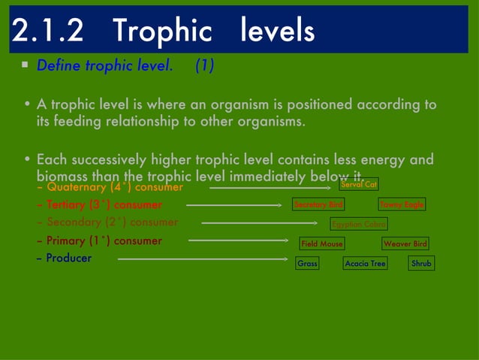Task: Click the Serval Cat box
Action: (x=358, y=185)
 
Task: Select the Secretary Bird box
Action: (x=318, y=204)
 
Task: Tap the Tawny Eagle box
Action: (x=402, y=204)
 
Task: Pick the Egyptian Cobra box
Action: (x=359, y=224)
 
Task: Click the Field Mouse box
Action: (x=321, y=244)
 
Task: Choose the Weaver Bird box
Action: (x=405, y=244)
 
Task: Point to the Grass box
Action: (x=307, y=264)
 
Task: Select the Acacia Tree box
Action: (x=365, y=264)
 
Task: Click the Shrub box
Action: (x=421, y=264)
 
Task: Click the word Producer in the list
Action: (x=68, y=259)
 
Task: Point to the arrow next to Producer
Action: (x=206, y=259)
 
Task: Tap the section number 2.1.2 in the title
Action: (x=52, y=31)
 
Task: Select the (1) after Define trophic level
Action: (x=204, y=66)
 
